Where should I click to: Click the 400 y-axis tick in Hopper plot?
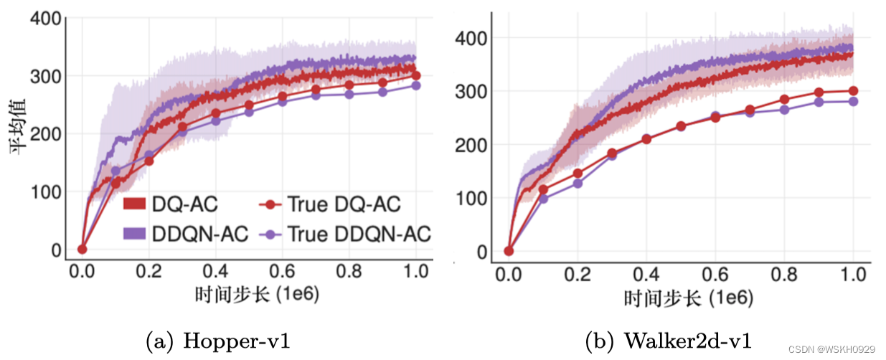point(44,19)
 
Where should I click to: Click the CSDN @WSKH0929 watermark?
point(831,349)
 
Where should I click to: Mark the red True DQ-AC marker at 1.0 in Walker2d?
point(853,90)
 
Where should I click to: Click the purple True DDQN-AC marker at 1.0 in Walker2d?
point(853,101)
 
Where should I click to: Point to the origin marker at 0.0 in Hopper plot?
point(82,249)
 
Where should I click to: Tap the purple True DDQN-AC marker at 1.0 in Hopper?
point(415,85)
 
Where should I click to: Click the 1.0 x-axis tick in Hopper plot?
point(415,272)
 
